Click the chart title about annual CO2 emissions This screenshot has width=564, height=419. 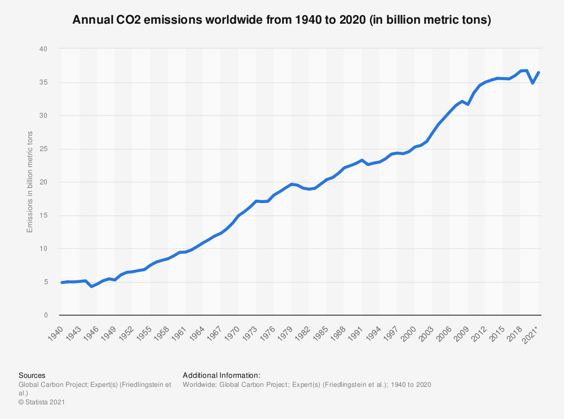point(282,21)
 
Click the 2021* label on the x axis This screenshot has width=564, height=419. point(531,332)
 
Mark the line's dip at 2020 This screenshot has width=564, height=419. point(533,83)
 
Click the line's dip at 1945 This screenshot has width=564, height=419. point(91,286)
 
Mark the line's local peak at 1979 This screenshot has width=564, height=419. point(291,184)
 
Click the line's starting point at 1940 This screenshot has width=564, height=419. point(61,283)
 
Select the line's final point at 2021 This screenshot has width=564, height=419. point(539,72)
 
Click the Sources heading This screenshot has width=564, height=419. point(32,375)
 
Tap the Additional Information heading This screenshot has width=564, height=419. point(221,375)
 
